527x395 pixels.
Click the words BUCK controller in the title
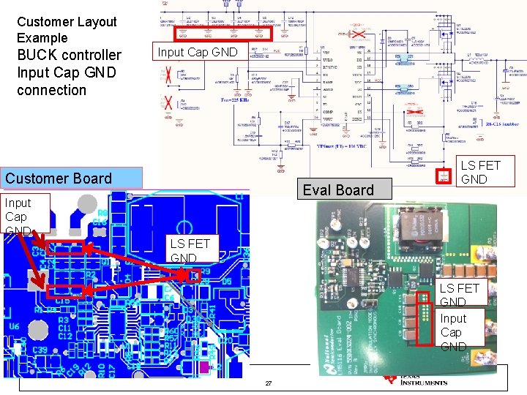point(69,55)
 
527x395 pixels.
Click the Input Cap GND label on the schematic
point(198,52)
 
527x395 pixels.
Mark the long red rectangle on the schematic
point(223,33)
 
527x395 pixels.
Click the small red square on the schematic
point(443,176)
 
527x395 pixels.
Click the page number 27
point(268,384)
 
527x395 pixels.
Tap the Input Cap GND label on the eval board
point(452,332)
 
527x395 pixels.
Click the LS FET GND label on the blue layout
point(190,250)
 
